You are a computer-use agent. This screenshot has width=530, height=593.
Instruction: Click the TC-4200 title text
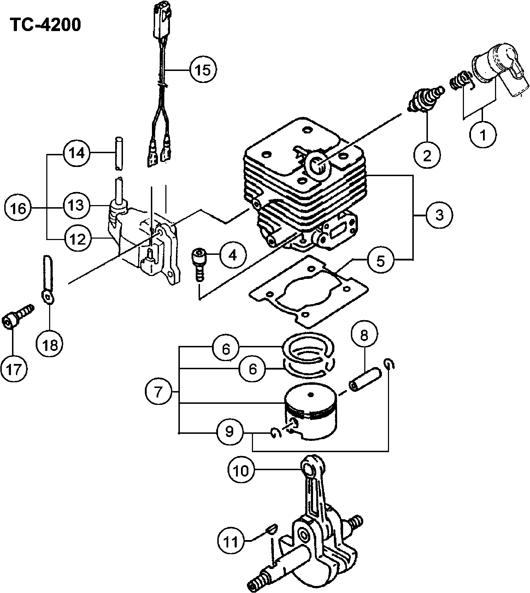coord(46,25)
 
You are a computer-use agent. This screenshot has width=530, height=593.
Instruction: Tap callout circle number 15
coord(203,70)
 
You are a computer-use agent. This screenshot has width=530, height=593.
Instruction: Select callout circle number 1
coord(483,134)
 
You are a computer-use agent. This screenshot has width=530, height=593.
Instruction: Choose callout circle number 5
coord(381,261)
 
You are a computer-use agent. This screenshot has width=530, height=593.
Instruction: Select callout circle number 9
coord(230,431)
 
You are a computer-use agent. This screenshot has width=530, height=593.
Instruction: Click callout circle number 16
coord(18,208)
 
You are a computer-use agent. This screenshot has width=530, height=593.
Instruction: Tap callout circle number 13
coord(76,205)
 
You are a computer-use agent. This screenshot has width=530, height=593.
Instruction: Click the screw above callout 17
coord(19,316)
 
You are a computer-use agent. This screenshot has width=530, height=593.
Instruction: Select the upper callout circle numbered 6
coord(226,349)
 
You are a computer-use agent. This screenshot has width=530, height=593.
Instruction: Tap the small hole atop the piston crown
coord(311,394)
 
